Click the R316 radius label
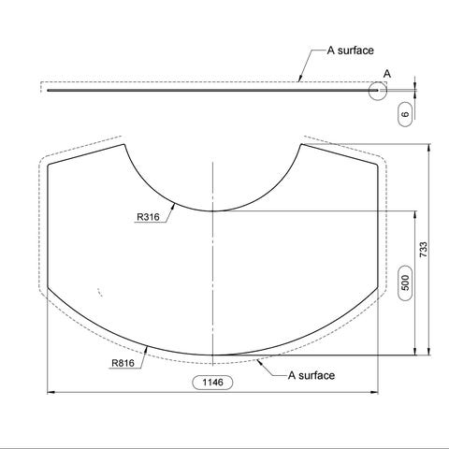click(148, 217)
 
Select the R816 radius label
click(123, 363)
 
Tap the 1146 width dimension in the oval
click(213, 383)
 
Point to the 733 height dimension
click(424, 250)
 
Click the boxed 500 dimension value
click(405, 282)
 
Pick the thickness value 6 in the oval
click(405, 114)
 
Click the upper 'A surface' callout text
click(351, 51)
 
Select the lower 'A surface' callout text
click(311, 375)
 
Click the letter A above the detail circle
click(387, 74)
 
